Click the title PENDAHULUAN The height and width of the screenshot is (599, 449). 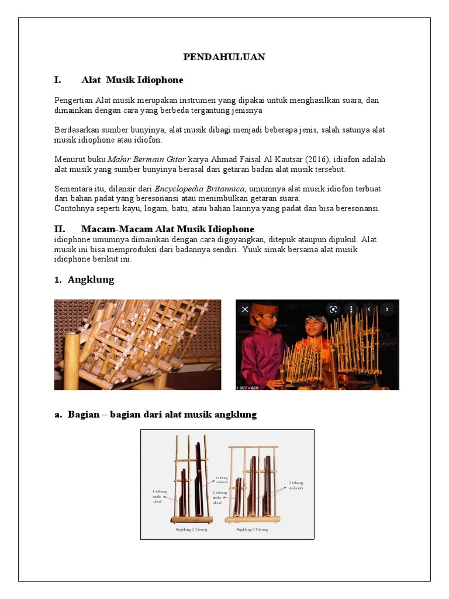coord(224,57)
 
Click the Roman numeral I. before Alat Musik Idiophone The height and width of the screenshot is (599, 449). coord(58,80)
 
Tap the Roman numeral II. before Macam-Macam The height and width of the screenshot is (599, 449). coord(60,229)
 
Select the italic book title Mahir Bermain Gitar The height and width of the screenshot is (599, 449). coord(146,159)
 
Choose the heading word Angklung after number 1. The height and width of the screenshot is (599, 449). coord(91,280)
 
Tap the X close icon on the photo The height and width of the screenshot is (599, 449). coord(245,309)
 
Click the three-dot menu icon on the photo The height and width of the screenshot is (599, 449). coord(350,309)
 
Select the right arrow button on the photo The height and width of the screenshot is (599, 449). coord(386,309)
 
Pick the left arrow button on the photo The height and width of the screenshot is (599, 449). coord(369,309)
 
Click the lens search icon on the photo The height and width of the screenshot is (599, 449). coord(333,309)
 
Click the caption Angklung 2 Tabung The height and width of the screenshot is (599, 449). coord(191,529)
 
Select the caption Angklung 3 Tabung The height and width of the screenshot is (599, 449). coord(252,529)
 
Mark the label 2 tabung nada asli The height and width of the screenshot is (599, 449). coord(296,486)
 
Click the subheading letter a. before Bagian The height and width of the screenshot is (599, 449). coord(58,415)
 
